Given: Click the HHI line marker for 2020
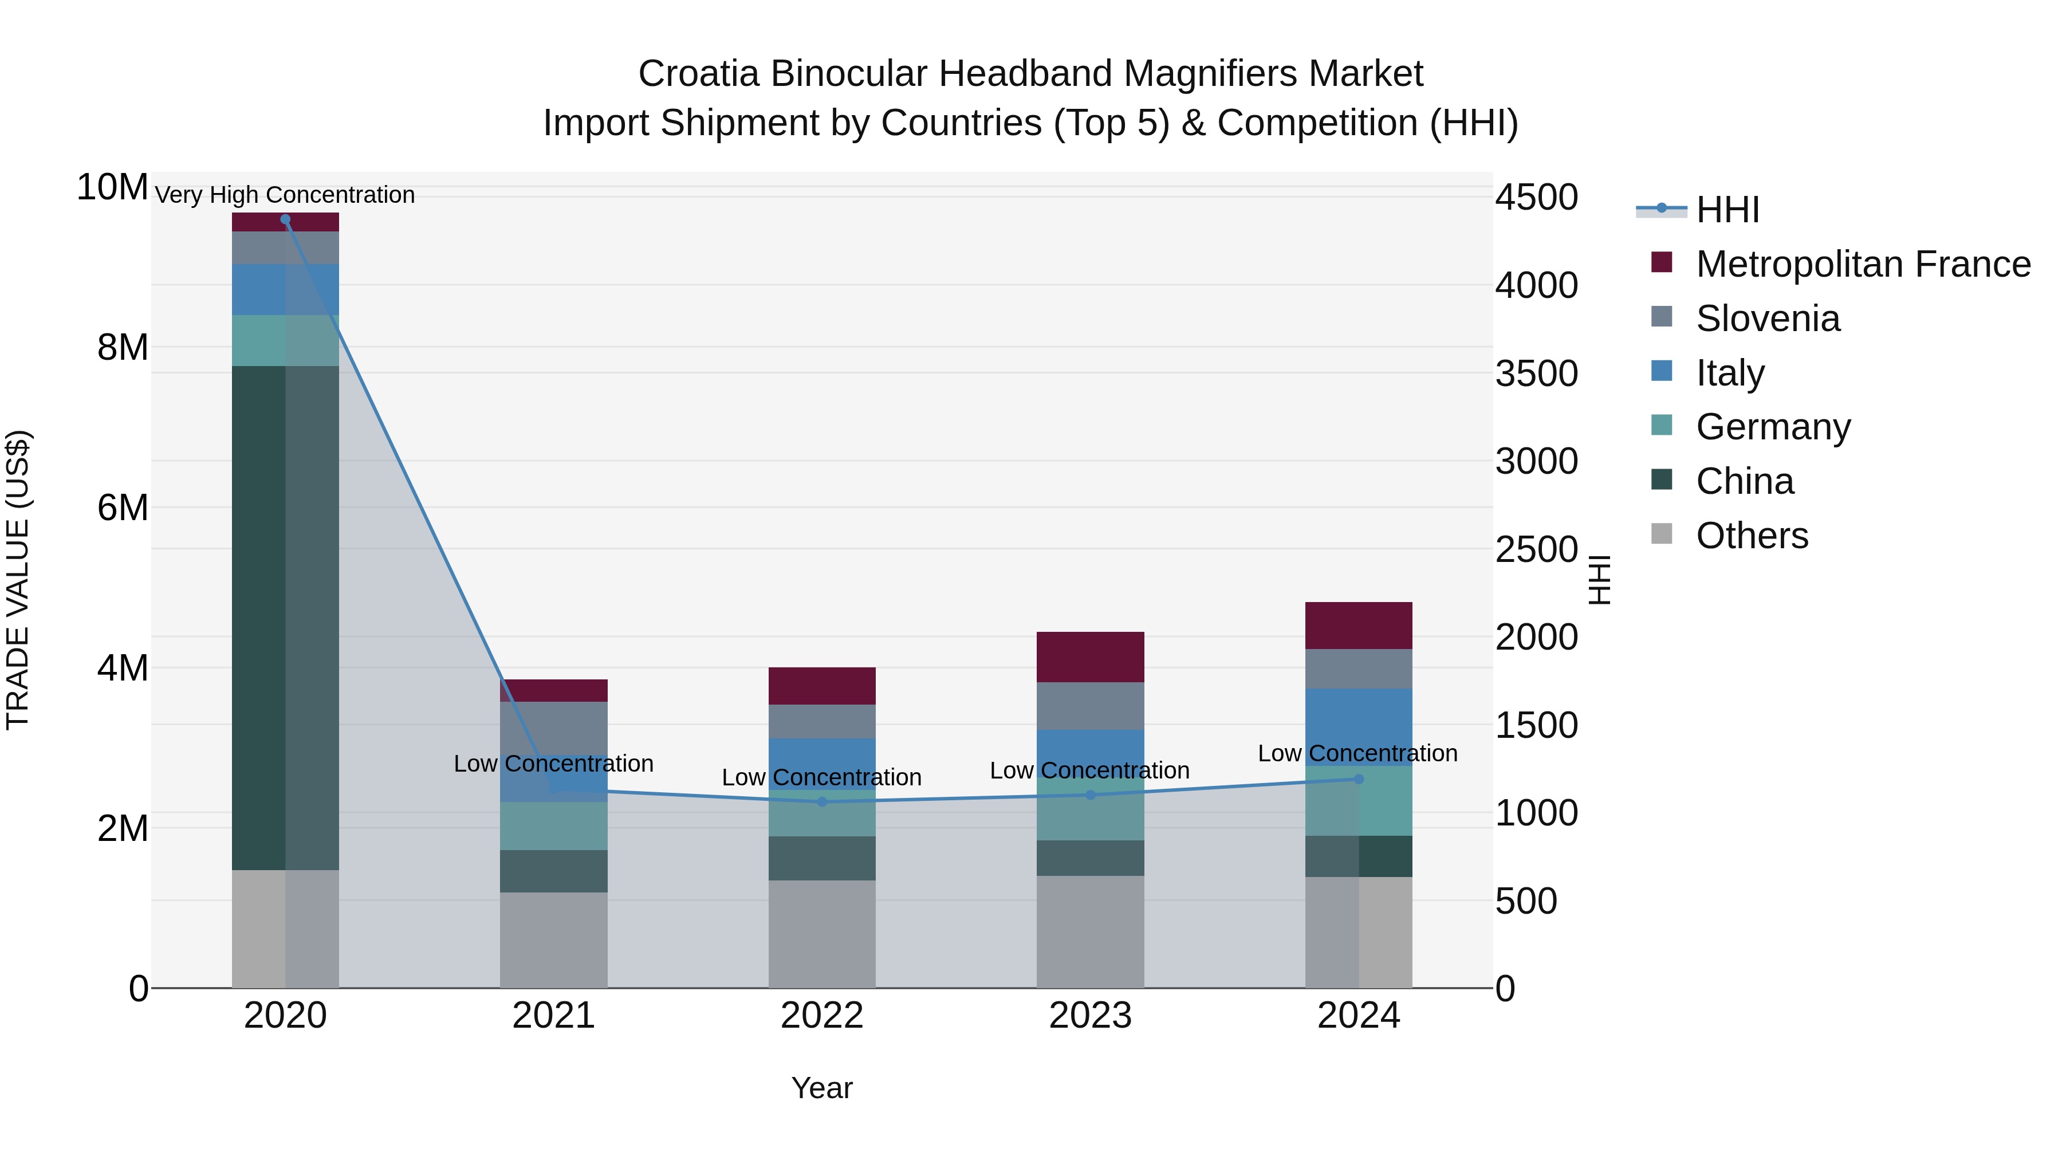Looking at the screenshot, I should [x=285, y=219].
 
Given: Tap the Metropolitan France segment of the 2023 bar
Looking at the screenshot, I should [x=1090, y=657].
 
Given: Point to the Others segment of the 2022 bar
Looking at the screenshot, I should [x=822, y=934].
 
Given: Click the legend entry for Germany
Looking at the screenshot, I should [x=1772, y=427].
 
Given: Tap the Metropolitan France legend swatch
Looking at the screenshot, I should [x=1662, y=262].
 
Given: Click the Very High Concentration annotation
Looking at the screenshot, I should [x=285, y=195].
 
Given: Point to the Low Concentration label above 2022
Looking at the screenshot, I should [x=822, y=777].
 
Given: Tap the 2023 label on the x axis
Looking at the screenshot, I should [x=1090, y=1016].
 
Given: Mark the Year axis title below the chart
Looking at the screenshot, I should [x=822, y=1088].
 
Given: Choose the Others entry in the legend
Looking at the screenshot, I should [x=1752, y=536].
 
